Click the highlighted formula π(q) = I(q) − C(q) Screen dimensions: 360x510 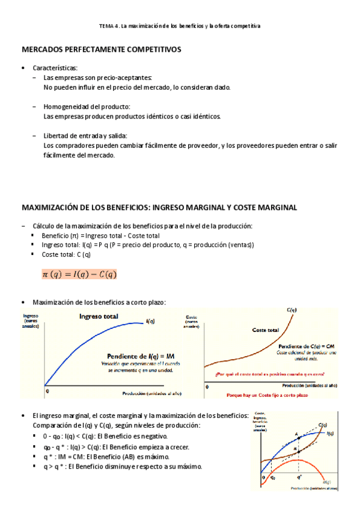click(79, 274)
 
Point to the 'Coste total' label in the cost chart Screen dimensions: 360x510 click(266, 330)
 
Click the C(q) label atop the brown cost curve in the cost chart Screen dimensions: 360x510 click(291, 310)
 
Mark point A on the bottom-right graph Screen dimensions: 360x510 click(296, 434)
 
